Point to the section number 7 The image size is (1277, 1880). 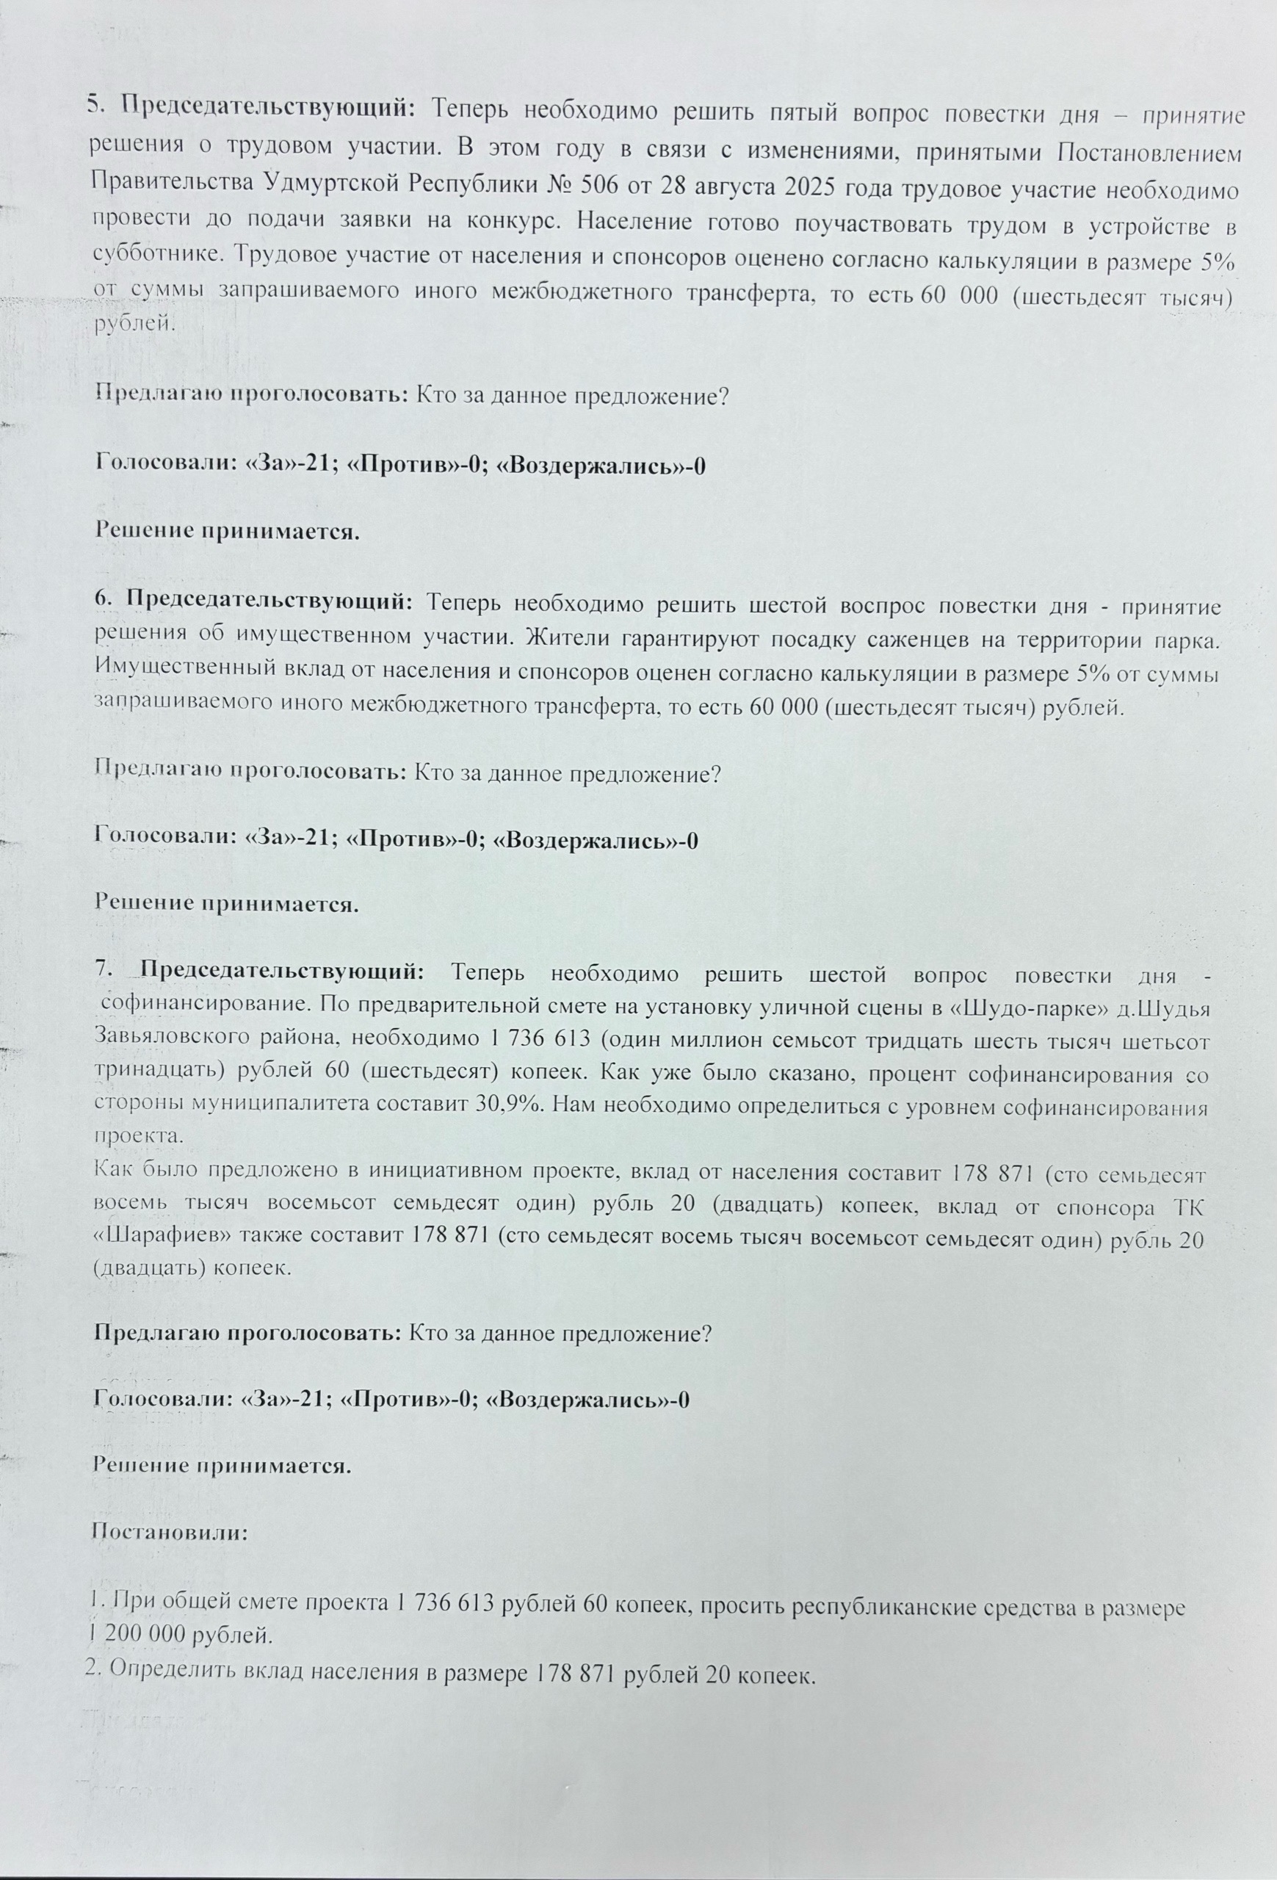coord(101,972)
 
